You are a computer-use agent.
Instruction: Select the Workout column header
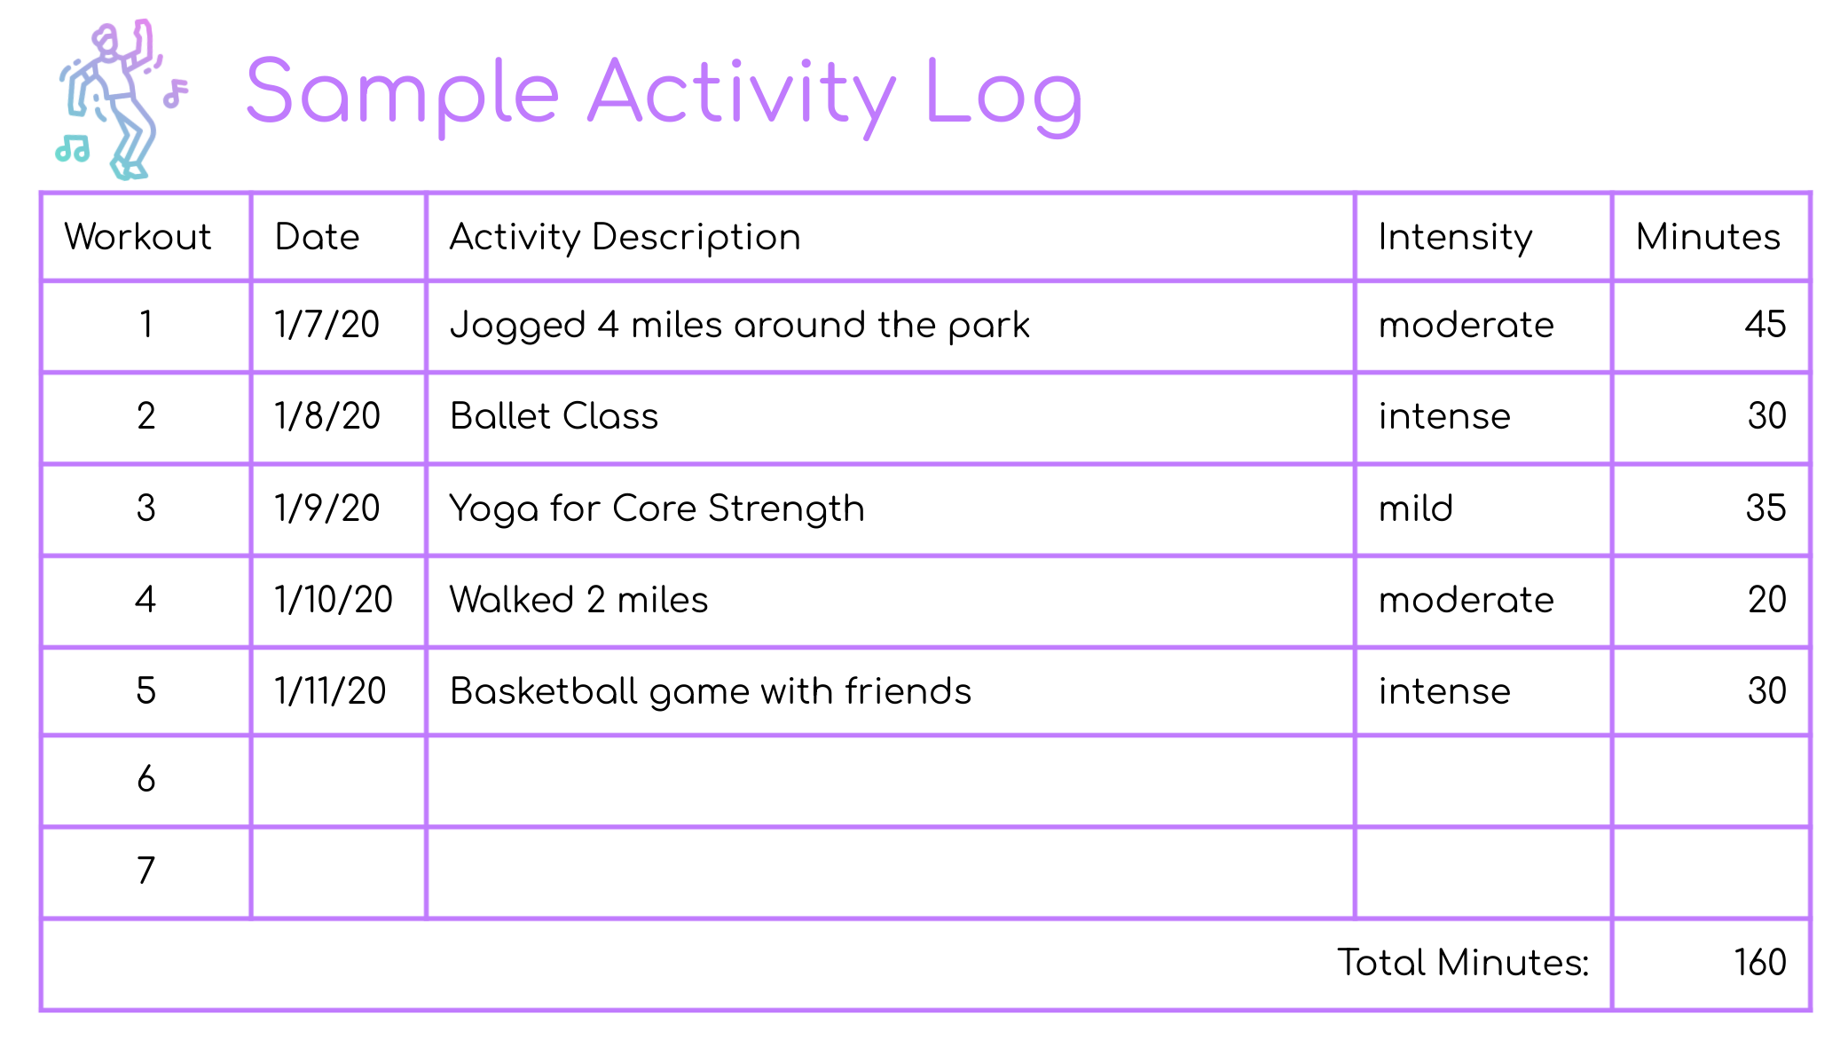138,237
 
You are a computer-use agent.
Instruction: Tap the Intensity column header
1455,238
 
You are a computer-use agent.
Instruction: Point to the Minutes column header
1708,237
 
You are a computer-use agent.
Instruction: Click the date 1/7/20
326,325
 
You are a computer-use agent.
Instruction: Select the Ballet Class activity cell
554,416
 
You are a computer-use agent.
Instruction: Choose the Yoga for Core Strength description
657,509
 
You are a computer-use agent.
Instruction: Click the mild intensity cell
1415,508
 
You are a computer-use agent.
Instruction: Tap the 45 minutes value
1765,325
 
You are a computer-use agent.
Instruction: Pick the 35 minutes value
1765,508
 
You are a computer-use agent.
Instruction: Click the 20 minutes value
1766,600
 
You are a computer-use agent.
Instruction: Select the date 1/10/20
333,600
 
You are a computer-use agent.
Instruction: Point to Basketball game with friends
711,692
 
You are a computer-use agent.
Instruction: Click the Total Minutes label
1463,963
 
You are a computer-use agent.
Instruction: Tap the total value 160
1760,963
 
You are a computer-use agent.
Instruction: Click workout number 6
146,779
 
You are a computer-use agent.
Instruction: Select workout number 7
146,871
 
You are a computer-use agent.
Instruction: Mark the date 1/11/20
330,691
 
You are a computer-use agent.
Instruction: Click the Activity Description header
625,238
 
